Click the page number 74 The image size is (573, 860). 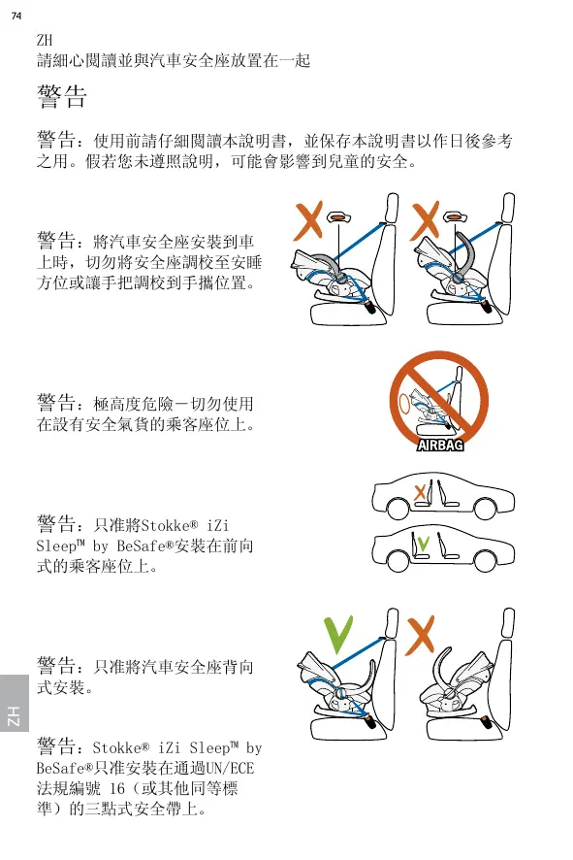coord(16,16)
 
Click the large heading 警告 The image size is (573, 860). coord(62,96)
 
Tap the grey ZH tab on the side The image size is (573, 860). coord(15,703)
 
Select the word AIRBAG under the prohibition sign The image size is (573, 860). coord(440,445)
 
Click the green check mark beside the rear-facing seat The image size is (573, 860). coord(338,635)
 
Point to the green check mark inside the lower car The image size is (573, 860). coord(423,544)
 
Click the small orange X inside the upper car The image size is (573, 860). coord(420,492)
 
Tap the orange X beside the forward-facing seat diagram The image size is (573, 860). coord(420,635)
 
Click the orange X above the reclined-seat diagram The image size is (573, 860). coord(308,220)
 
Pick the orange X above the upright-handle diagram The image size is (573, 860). coord(425,220)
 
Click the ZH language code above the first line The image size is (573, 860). coord(45,40)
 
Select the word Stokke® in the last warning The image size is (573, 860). coord(121,747)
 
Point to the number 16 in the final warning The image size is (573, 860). coord(117,789)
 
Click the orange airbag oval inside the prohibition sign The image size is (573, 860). coord(404,405)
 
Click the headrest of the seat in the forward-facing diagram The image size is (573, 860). coord(509,623)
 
